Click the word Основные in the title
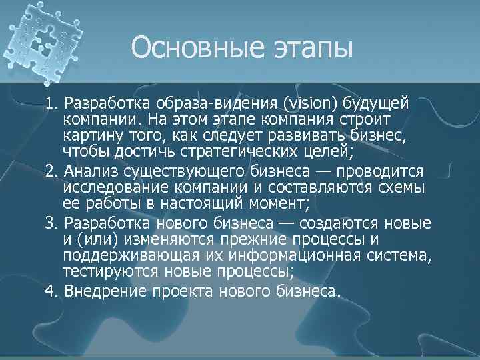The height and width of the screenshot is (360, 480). pyautogui.click(x=187, y=47)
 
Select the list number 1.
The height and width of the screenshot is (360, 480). pyautogui.click(x=51, y=105)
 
